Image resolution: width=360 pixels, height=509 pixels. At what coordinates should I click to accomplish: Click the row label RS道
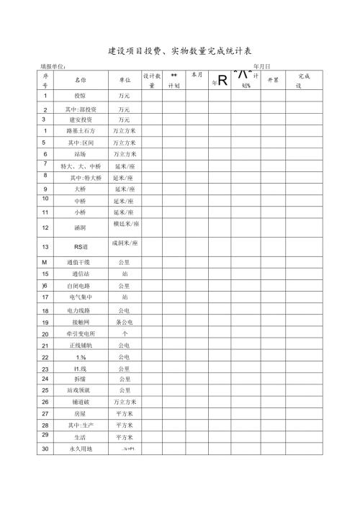(80, 247)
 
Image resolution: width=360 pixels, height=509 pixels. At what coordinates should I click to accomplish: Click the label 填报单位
(55, 66)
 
